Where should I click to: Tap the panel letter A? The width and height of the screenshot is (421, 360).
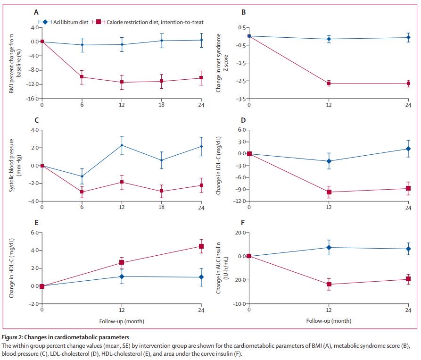36,13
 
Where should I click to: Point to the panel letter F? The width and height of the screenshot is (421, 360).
243,223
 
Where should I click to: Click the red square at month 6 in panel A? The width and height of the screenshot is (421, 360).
82,77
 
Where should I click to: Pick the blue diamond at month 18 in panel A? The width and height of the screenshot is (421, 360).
161,41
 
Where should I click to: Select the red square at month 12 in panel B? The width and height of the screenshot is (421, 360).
329,84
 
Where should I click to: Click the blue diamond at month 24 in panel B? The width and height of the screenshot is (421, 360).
408,37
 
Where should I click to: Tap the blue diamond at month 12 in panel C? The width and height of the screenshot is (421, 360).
122,145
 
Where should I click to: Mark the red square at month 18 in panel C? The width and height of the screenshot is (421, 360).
161,191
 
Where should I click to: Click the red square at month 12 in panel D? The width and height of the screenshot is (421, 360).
329,192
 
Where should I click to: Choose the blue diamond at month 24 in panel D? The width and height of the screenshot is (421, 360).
408,149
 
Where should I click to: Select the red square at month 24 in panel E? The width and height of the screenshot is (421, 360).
201,246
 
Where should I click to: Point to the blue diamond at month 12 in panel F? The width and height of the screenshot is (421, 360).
329,247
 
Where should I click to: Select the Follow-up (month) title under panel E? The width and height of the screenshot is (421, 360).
122,321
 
